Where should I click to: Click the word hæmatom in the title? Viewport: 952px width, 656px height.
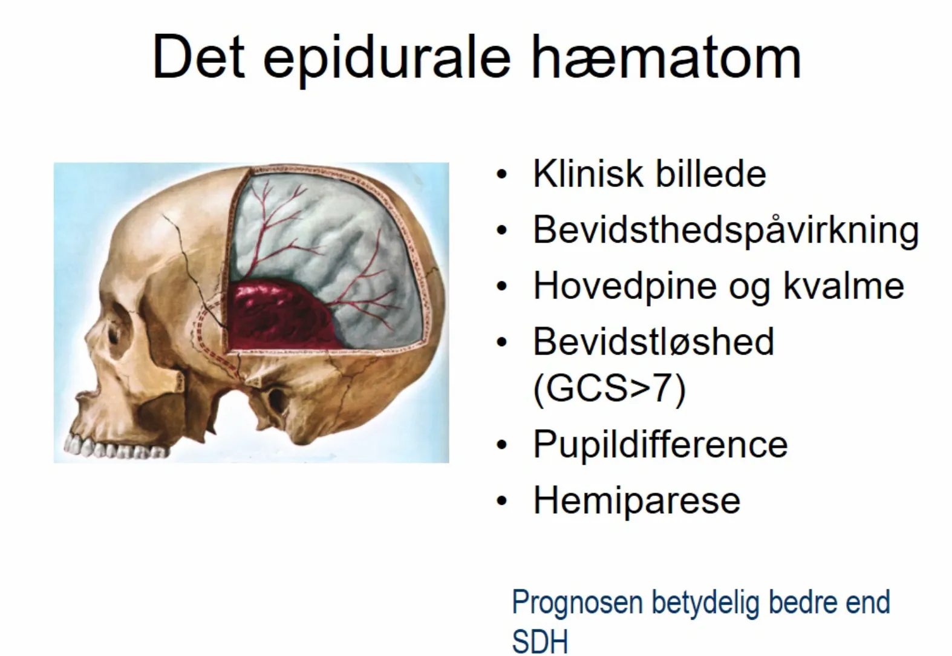click(666, 57)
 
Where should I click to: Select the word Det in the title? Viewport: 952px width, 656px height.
click(199, 57)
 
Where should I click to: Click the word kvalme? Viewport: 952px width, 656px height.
click(843, 285)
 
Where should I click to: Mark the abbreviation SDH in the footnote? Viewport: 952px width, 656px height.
click(540, 641)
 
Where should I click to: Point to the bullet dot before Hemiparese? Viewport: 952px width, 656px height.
click(501, 501)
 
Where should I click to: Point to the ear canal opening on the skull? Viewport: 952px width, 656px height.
click(276, 400)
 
